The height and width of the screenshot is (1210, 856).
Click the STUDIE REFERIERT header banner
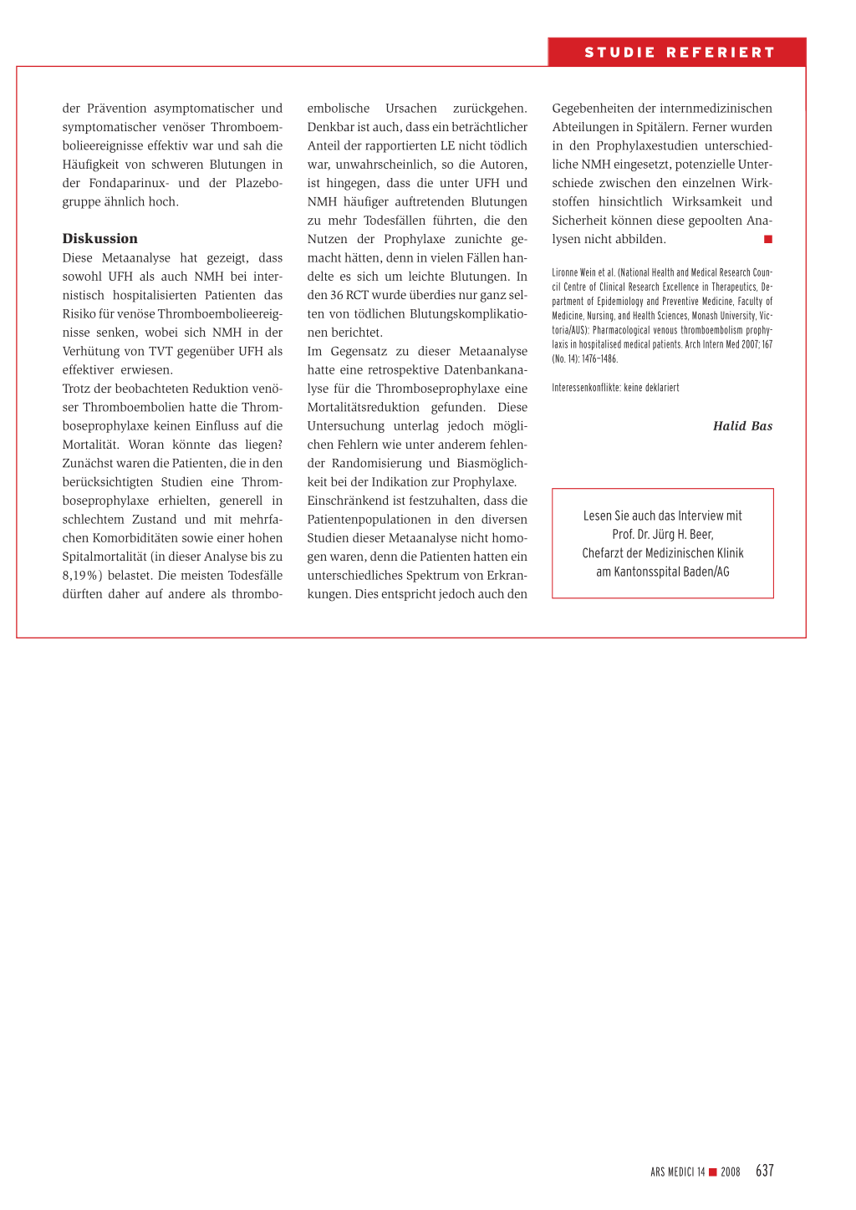tap(678, 53)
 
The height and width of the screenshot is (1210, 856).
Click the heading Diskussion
tap(99, 238)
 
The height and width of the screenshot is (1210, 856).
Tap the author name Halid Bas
tap(742, 426)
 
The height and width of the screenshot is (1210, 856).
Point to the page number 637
tap(764, 1171)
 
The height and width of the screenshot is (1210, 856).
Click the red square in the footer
tap(713, 1172)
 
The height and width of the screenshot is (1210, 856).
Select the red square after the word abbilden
tap(767, 240)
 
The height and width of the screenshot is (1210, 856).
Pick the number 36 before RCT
tap(337, 295)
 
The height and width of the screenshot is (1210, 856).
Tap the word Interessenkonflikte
tap(586, 388)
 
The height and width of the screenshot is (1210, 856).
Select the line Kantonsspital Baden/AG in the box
tap(663, 572)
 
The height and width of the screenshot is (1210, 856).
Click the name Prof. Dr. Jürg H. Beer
tap(663, 534)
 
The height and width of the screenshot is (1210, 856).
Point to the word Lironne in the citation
tap(565, 272)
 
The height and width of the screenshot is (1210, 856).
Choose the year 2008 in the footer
tap(731, 1172)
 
